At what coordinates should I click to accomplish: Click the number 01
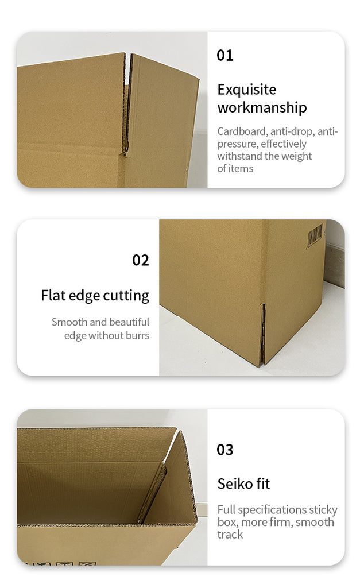pos(225,56)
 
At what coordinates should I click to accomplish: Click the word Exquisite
pos(247,90)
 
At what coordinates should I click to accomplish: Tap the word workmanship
pos(262,107)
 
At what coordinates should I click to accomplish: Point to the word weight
pos(294,156)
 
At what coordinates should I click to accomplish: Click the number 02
pos(141,260)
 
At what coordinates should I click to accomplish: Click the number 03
pos(225,450)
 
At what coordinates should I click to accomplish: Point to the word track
pos(230,535)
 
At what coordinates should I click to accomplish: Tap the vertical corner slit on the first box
pos(127,105)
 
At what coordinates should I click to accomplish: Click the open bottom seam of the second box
pos(263,334)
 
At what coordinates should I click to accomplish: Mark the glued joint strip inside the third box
pos(152,492)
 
